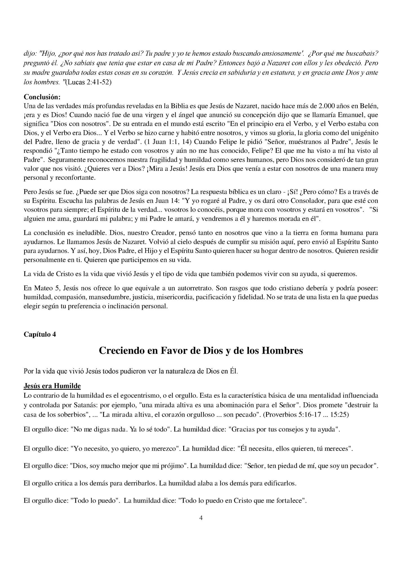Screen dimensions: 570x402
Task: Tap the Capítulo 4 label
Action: (x=40, y=334)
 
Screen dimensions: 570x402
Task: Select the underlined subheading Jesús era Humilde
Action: (x=52, y=386)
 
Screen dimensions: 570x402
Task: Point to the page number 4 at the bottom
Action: (x=201, y=518)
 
